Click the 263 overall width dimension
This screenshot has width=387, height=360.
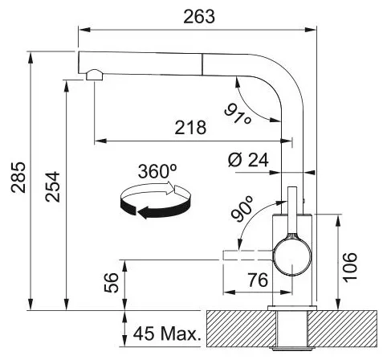click(x=199, y=17)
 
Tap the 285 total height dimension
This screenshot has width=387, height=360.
click(x=18, y=178)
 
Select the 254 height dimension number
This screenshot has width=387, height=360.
click(x=52, y=186)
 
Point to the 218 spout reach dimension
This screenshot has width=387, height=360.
click(x=190, y=127)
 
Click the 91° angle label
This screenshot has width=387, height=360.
click(x=238, y=114)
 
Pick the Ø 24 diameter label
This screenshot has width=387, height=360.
click(x=248, y=160)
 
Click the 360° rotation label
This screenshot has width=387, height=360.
click(x=157, y=171)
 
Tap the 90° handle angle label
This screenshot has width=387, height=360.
click(x=242, y=209)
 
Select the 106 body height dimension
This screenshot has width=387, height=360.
click(x=350, y=267)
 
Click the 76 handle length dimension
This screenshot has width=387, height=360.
click(x=258, y=280)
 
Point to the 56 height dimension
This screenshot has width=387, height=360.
click(x=111, y=282)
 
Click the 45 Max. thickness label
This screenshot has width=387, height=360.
click(x=167, y=333)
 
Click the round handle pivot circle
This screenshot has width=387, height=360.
click(x=292, y=257)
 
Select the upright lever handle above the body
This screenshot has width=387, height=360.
click(x=292, y=211)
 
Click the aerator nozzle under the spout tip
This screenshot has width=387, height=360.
click(x=94, y=75)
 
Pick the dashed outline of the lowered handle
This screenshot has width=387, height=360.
click(x=247, y=255)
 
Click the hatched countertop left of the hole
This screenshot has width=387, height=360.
click(x=241, y=329)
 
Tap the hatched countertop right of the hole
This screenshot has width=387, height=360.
click(x=342, y=329)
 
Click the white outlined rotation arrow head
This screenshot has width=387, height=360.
click(x=170, y=188)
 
